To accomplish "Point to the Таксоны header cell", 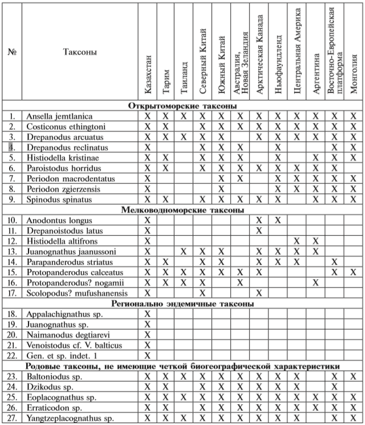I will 80,52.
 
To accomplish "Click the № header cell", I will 12,52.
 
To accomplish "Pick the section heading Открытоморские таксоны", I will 182,106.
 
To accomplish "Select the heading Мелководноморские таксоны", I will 182,210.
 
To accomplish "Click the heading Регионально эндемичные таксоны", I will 182,303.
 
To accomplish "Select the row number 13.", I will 12,251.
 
